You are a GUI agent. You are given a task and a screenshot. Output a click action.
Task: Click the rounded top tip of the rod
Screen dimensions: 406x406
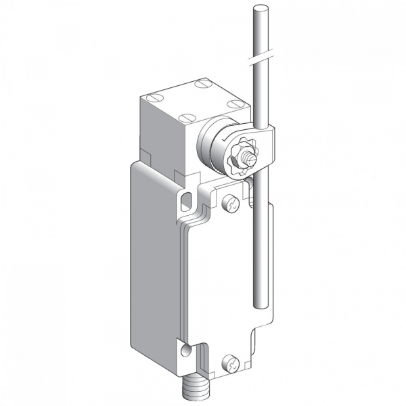point(256,9)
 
